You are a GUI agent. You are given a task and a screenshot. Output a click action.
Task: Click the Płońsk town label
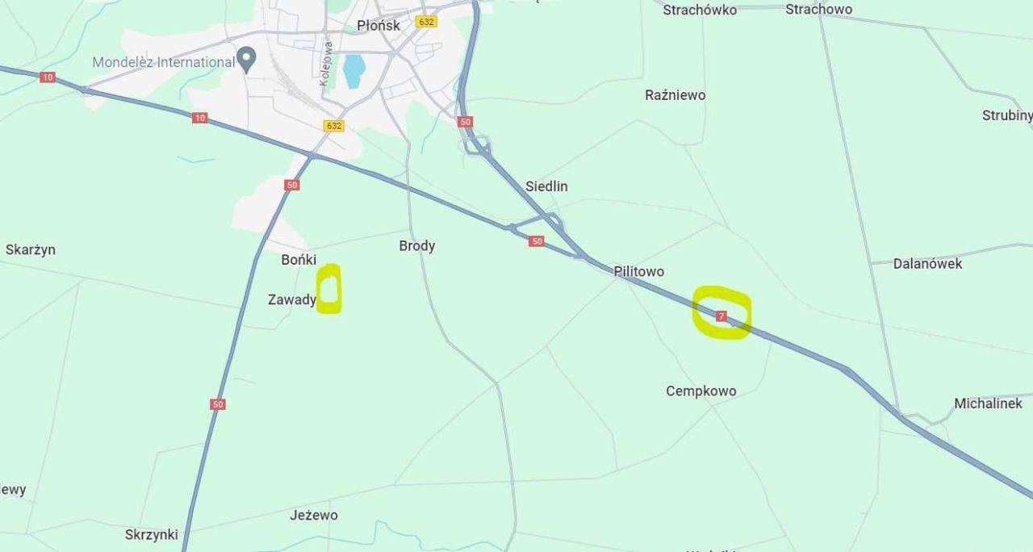tap(378, 25)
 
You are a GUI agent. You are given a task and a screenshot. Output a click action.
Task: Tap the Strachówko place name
tap(700, 10)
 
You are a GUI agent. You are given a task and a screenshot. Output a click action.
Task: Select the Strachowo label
tap(818, 9)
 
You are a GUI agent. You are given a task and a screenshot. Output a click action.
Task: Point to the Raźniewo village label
tap(675, 94)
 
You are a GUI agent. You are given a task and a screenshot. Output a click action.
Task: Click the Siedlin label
tap(546, 186)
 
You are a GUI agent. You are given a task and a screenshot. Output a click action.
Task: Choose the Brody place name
tap(416, 245)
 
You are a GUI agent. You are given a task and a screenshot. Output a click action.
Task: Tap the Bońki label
tap(299, 259)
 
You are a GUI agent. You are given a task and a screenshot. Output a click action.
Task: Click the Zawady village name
tap(292, 299)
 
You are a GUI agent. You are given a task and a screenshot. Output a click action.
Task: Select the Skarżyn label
tap(31, 249)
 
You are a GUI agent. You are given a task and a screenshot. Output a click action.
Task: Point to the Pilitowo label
tap(638, 271)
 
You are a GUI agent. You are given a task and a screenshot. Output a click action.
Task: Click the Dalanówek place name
tap(927, 263)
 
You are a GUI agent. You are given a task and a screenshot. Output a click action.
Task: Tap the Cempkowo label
tap(701, 391)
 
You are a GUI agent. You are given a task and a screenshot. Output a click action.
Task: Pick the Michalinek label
tap(988, 403)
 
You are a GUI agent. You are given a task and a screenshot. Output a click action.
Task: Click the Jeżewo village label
tap(314, 515)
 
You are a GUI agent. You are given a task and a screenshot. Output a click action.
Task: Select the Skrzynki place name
tap(151, 534)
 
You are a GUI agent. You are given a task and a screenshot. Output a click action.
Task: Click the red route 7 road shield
tap(721, 316)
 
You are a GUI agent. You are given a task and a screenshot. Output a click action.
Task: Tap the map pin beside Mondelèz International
tap(246, 59)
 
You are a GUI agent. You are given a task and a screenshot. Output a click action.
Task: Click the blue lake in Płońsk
tap(353, 71)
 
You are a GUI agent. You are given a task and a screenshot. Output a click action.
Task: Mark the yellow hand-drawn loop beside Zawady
tap(329, 288)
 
